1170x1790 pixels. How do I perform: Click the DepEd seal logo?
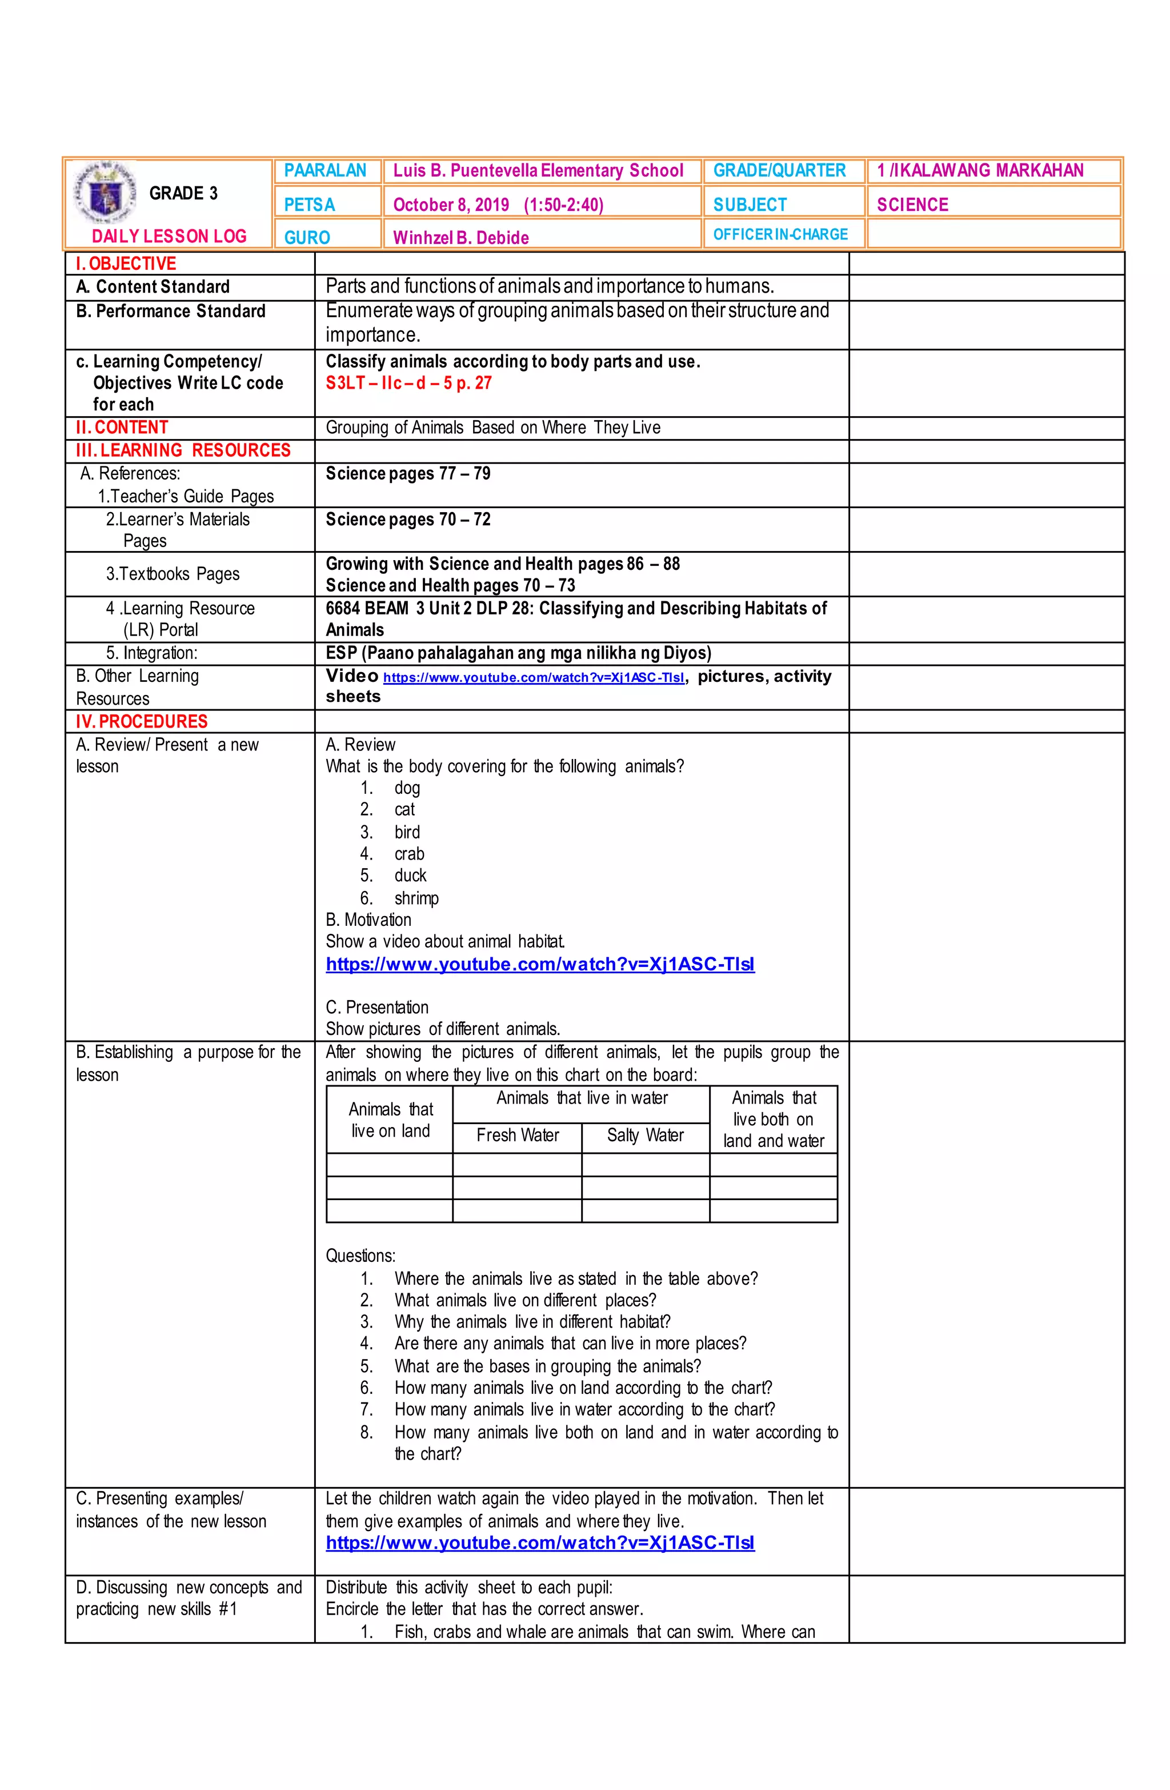click(104, 193)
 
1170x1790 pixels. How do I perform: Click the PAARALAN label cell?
click(326, 171)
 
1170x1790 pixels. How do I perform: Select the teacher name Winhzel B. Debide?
click(460, 238)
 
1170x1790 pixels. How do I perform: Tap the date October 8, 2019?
click(450, 205)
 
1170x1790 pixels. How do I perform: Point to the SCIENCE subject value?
click(912, 205)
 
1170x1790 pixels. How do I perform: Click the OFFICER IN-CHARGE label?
click(780, 235)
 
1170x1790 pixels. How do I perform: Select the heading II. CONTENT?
click(122, 427)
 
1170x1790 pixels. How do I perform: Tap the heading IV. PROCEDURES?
click(141, 721)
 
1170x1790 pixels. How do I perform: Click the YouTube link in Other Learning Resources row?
click(533, 678)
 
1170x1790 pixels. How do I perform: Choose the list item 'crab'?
click(409, 854)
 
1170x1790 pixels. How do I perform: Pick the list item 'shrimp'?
click(416, 898)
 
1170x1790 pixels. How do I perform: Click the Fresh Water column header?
click(518, 1135)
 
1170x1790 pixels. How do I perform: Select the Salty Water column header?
click(645, 1135)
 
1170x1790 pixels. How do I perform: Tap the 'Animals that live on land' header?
click(390, 1120)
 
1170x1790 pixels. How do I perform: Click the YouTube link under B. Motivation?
click(540, 964)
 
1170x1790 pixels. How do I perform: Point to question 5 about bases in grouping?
click(547, 1366)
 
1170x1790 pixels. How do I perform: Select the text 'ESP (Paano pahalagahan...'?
click(518, 653)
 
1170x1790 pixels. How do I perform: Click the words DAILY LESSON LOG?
click(169, 236)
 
